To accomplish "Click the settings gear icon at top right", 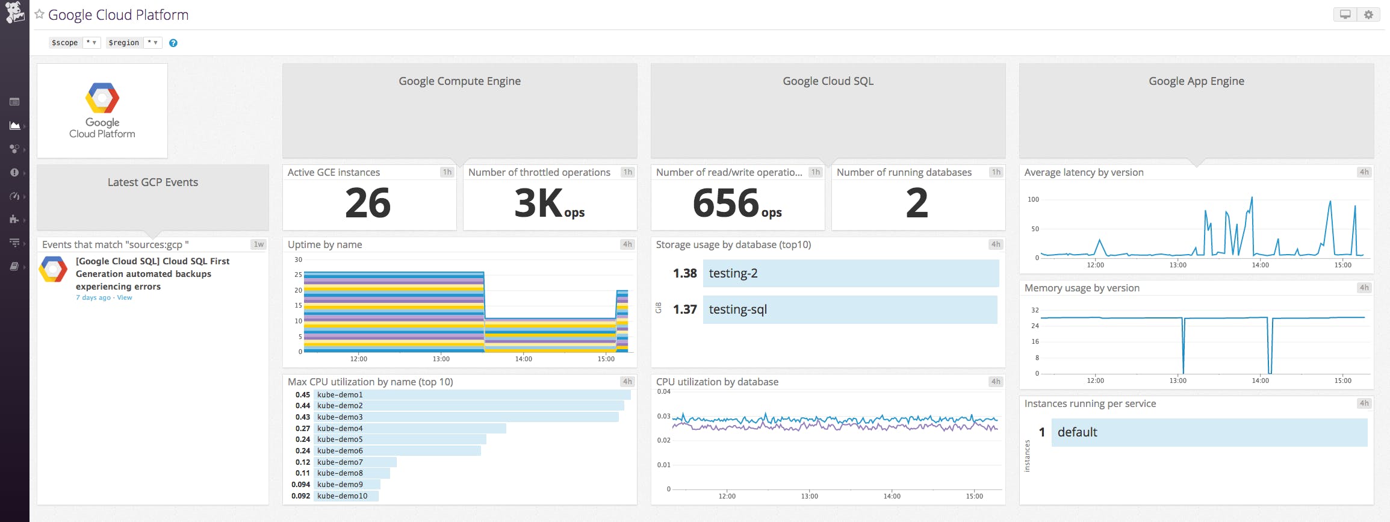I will [x=1368, y=14].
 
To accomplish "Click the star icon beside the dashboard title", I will [x=40, y=14].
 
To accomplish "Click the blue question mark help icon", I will [x=173, y=43].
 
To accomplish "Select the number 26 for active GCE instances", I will [x=368, y=203].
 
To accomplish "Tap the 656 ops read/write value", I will [x=736, y=204].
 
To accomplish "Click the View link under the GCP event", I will [x=125, y=297].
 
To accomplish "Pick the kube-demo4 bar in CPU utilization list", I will [x=409, y=428].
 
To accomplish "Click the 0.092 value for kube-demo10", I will [x=300, y=496].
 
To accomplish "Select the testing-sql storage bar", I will [x=849, y=309].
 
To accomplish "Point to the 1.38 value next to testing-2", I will [x=684, y=273].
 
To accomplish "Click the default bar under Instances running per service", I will [x=1209, y=432].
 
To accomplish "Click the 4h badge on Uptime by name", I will [x=627, y=244].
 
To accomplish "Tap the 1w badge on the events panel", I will [x=259, y=244].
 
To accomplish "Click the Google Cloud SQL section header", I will [x=828, y=81].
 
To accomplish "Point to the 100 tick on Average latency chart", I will [x=1033, y=199].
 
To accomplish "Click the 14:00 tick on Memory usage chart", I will [x=1260, y=381].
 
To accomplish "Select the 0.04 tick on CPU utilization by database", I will [x=663, y=391].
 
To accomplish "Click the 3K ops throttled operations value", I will [x=549, y=204].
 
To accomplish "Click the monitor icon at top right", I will [x=1345, y=14].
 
